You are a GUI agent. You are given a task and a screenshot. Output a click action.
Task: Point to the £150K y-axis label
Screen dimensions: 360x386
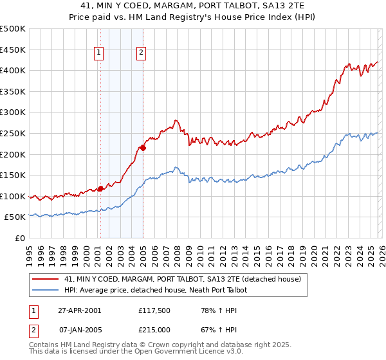coord(13,175)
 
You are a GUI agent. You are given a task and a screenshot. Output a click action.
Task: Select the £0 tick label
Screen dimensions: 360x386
coord(19,238)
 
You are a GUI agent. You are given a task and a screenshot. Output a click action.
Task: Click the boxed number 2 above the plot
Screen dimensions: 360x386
coord(140,53)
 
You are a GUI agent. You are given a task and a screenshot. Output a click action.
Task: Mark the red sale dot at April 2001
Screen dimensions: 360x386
coord(100,188)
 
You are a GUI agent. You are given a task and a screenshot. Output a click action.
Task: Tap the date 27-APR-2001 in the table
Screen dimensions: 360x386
coord(79,310)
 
